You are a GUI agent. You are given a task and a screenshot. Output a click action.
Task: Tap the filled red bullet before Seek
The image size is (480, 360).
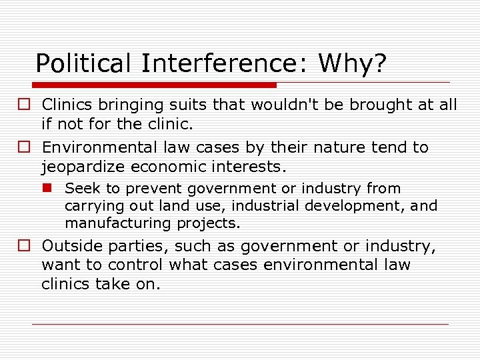(52, 189)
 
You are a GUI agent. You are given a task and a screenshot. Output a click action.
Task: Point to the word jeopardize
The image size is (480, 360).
(83, 165)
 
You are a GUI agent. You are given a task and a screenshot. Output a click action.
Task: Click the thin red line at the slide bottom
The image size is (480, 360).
(240, 324)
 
